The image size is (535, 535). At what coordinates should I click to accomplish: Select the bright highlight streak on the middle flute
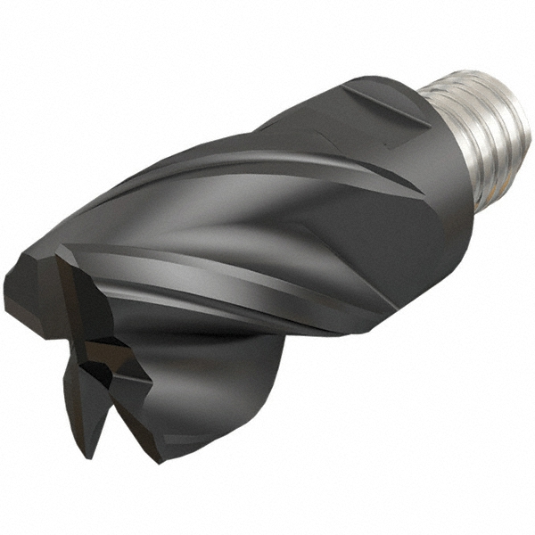(x=223, y=267)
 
